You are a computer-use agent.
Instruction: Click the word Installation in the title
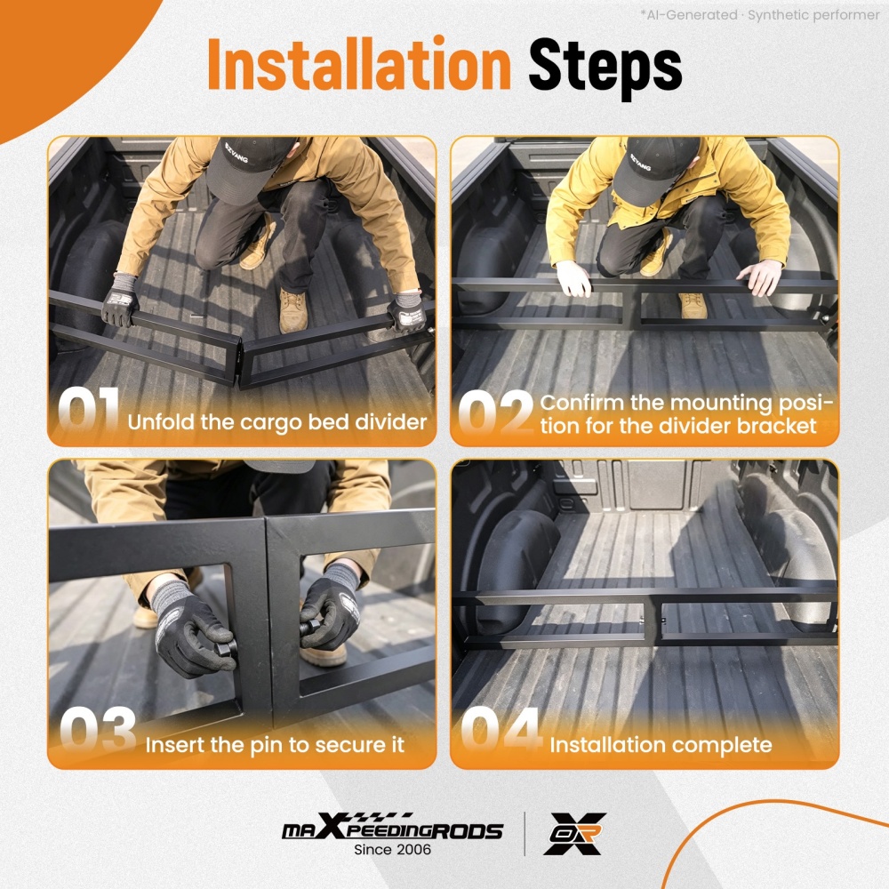tap(359, 63)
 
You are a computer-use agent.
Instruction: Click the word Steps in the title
tap(605, 68)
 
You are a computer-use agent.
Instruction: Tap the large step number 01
tap(88, 410)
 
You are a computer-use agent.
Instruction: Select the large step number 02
tap(495, 412)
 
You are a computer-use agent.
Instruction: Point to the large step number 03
tap(98, 730)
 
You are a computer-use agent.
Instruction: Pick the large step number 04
tap(501, 730)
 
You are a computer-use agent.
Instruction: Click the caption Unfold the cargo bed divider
tap(277, 422)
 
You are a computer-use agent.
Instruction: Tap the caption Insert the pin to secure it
tap(275, 745)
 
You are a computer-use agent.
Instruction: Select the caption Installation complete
tap(661, 745)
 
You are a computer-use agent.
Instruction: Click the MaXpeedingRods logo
tap(392, 827)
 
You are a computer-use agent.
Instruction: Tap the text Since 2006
tap(392, 849)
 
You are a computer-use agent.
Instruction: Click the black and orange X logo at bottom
tap(575, 833)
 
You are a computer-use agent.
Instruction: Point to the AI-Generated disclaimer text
tap(760, 15)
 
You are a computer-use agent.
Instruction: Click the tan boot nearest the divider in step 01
tap(292, 310)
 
